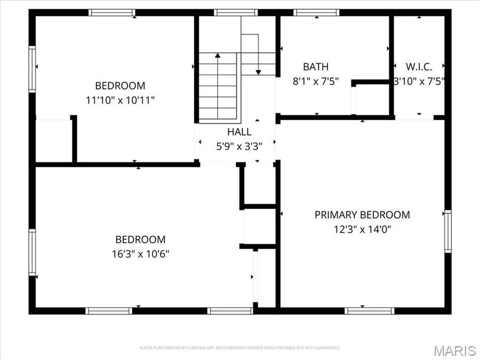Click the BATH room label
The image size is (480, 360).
(316, 67)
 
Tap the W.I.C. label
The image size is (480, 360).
(419, 67)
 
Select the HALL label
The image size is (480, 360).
(239, 132)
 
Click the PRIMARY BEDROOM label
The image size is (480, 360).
(362, 215)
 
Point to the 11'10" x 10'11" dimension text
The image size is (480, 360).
(120, 100)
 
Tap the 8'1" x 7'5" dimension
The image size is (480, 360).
(316, 82)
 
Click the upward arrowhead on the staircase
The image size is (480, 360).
(218, 54)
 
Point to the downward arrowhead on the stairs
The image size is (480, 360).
(259, 71)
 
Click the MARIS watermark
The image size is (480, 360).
(454, 350)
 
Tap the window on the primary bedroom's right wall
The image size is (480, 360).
(448, 231)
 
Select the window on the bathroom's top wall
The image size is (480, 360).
(316, 12)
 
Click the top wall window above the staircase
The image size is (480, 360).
(236, 12)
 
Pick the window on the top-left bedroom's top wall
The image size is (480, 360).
(111, 12)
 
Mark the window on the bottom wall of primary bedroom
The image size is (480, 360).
(369, 310)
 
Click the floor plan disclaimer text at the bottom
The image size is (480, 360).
(239, 348)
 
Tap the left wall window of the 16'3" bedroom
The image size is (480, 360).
(33, 252)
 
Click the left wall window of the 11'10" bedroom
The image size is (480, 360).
(33, 69)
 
